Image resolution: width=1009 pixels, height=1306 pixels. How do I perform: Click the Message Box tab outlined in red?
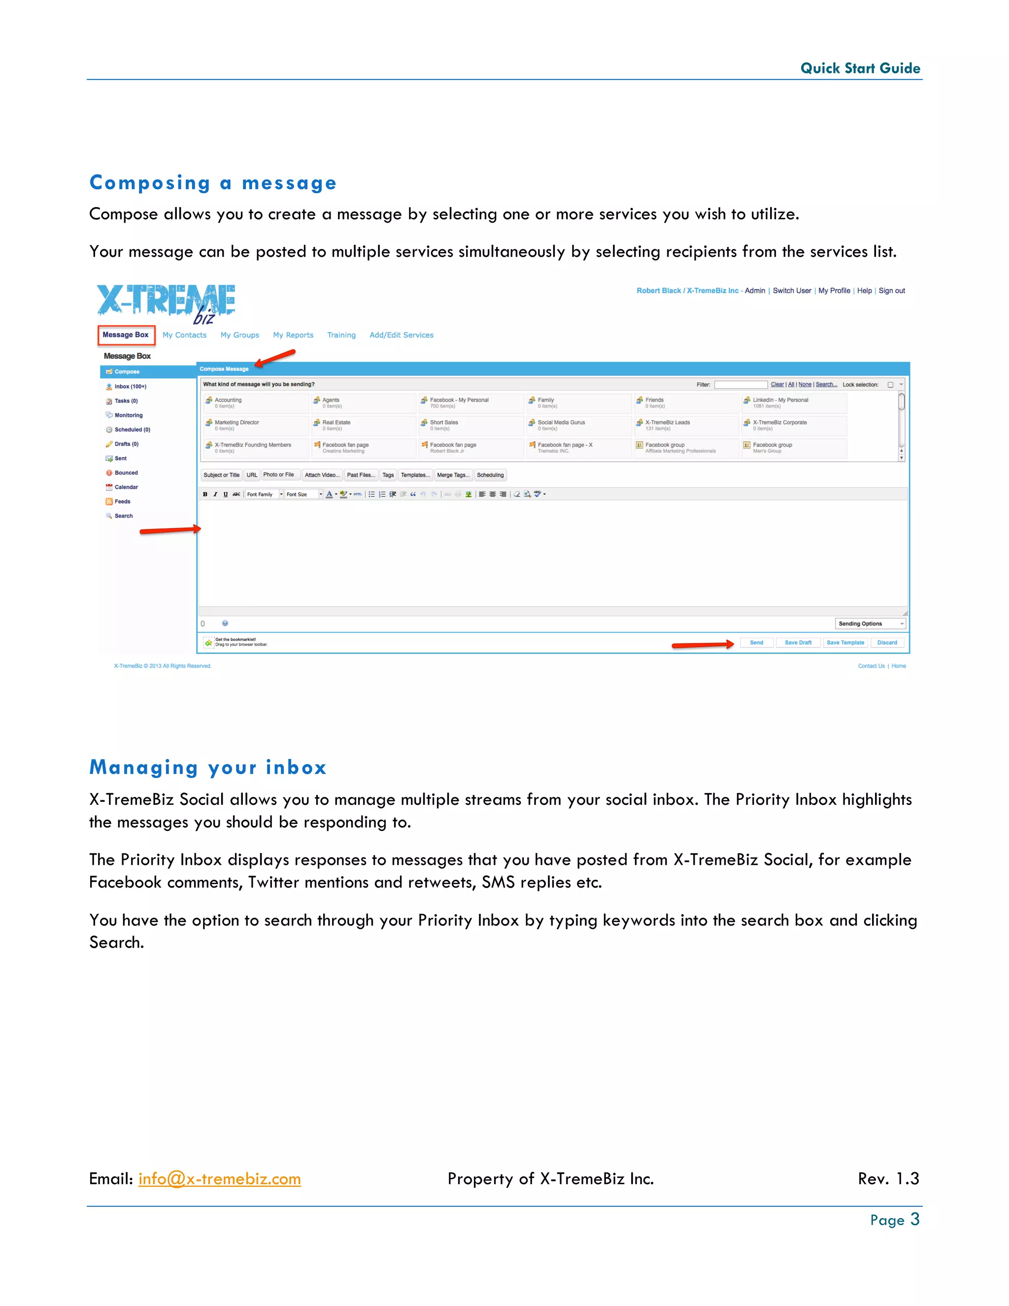coord(126,335)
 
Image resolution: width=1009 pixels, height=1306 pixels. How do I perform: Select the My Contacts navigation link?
coord(184,335)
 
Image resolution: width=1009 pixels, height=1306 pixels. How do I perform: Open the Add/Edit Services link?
coord(401,335)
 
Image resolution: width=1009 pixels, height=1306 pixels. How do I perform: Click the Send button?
coord(756,642)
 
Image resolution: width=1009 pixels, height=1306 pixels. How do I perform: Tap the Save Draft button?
coord(798,642)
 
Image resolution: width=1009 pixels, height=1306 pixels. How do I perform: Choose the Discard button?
coord(887,642)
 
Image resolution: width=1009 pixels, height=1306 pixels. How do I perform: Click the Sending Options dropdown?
coord(870,624)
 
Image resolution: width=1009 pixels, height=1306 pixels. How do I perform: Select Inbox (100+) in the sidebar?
coord(130,386)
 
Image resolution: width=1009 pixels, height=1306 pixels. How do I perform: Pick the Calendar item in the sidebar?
coord(126,487)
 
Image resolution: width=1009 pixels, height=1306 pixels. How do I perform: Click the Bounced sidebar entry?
coord(126,473)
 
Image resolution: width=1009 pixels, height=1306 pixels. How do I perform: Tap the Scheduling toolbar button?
coord(490,475)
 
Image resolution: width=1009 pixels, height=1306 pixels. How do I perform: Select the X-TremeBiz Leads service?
coord(667,423)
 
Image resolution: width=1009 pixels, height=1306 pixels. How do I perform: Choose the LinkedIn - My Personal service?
coord(780,400)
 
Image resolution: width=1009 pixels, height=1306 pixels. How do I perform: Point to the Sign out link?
coord(891,291)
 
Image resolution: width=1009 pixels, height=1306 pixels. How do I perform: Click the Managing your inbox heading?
coord(207,767)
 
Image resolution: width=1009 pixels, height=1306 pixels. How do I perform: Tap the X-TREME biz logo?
coord(166,303)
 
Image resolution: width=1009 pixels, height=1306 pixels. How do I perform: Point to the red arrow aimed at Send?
coord(703,645)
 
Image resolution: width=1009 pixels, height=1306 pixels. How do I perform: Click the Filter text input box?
coord(740,384)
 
